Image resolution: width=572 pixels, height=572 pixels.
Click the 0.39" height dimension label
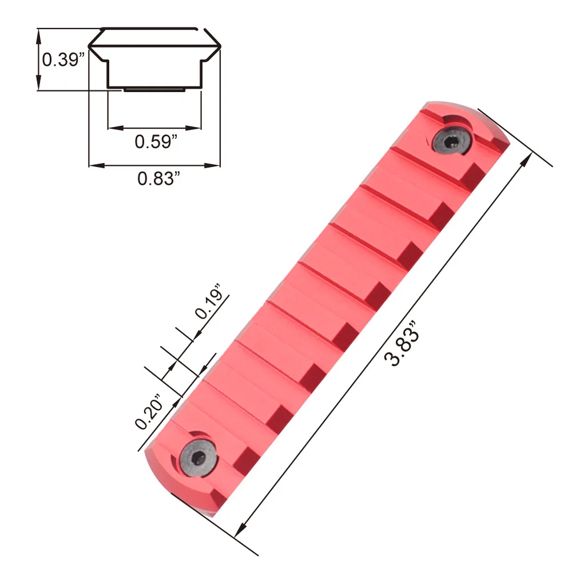pos(63,59)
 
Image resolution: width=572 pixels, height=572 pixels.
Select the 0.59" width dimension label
pos(156,141)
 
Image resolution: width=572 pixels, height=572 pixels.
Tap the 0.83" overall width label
pos(158,178)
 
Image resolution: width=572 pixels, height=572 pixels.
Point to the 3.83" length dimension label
pos(402,343)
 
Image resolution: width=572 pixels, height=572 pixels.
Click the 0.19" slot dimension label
pos(209,301)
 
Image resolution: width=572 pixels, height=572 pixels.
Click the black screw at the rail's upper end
pos(452,140)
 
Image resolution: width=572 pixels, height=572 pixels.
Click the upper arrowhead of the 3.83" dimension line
pos(526,161)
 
